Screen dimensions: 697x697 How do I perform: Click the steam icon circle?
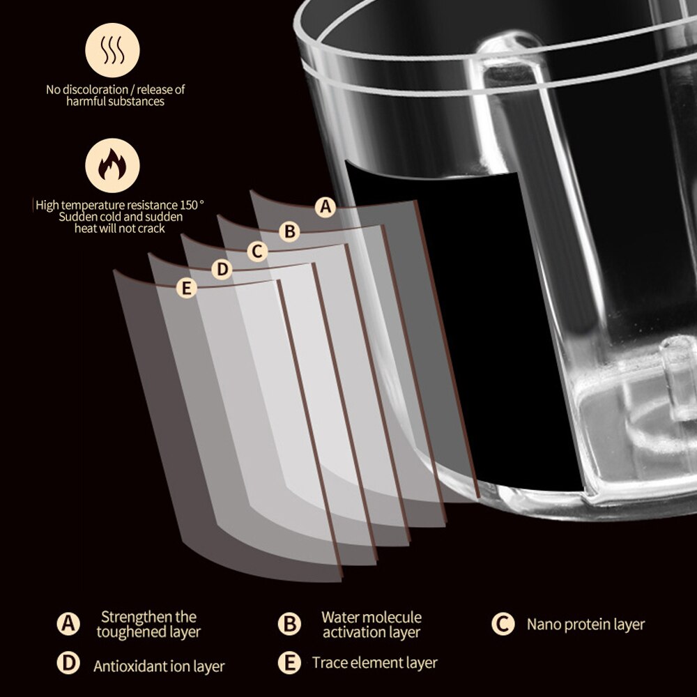click(112, 50)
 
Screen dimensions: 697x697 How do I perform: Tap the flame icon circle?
click(112, 165)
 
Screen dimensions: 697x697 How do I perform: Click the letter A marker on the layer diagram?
click(325, 207)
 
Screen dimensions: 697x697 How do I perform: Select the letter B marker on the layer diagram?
click(289, 231)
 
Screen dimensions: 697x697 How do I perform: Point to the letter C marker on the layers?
click(257, 252)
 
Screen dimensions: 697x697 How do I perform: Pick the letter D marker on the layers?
click(222, 269)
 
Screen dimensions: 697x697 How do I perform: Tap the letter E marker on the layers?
click(187, 288)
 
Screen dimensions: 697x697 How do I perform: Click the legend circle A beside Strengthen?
click(68, 624)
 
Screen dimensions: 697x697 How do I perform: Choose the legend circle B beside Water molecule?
click(289, 624)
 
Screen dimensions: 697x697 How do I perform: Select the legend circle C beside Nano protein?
click(503, 624)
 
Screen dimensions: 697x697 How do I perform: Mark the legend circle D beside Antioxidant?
click(68, 663)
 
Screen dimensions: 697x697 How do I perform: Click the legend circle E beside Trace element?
click(289, 663)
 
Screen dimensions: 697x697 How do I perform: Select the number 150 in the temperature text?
click(189, 205)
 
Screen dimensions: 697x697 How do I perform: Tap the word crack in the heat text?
click(153, 229)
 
